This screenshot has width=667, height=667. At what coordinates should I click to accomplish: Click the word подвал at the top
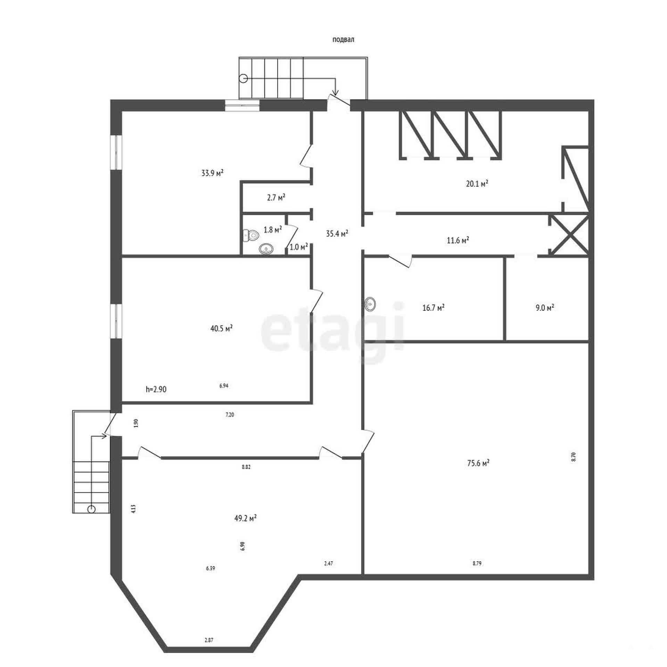point(343,40)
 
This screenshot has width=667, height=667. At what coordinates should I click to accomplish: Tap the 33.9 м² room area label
point(212,173)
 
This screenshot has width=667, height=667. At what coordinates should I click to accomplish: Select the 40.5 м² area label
point(222,328)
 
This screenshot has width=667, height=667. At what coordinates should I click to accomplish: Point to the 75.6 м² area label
point(478,463)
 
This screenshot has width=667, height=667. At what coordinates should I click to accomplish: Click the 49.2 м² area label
point(246,518)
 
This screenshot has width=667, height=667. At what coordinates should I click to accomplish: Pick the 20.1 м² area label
point(477,183)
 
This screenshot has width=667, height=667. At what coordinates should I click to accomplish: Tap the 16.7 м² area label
point(434,307)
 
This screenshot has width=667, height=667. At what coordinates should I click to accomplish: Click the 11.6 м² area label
point(458,240)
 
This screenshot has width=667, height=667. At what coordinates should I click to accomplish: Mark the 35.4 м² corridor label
point(337,233)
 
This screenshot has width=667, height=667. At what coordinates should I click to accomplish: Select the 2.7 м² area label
point(276,197)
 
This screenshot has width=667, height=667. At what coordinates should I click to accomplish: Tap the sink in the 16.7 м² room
point(370,304)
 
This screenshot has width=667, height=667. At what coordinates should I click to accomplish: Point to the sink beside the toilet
point(266,249)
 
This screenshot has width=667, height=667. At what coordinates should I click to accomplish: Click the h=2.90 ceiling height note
point(156,389)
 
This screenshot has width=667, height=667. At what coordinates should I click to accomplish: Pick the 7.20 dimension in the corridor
point(230,414)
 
